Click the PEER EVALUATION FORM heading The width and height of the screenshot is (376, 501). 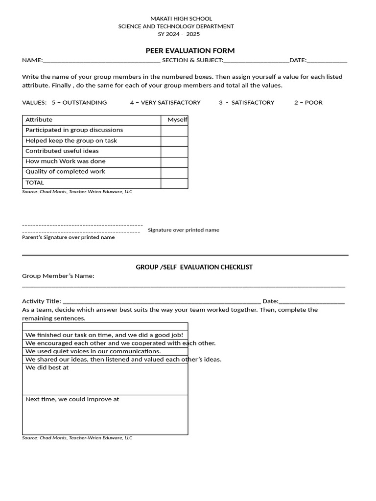coord(190,50)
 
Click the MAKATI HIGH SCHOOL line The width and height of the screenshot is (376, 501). coord(181,19)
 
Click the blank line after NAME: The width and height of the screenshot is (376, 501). coord(101,61)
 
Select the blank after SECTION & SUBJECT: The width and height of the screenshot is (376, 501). coord(256,61)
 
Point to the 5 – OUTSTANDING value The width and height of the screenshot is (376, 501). coord(79,102)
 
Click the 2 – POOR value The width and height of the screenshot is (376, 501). coord(308,102)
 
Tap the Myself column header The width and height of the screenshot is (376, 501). coord(177,120)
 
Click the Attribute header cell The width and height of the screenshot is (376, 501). coord(39,120)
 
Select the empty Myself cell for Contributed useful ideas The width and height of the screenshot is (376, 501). coord(174,151)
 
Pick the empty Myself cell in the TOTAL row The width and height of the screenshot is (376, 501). coord(174,183)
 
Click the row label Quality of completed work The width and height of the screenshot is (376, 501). coord(65,172)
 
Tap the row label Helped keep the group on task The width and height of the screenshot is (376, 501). coord(71,141)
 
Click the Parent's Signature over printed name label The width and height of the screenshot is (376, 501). coord(69,237)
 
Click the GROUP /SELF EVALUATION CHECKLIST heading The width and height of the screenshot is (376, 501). coord(194,267)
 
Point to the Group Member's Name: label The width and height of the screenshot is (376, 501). coord(58,276)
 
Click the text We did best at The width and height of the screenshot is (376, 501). coord(47,367)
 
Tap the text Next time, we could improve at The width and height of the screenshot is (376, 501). coord(72,399)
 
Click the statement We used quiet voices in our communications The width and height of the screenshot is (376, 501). coord(93,351)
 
